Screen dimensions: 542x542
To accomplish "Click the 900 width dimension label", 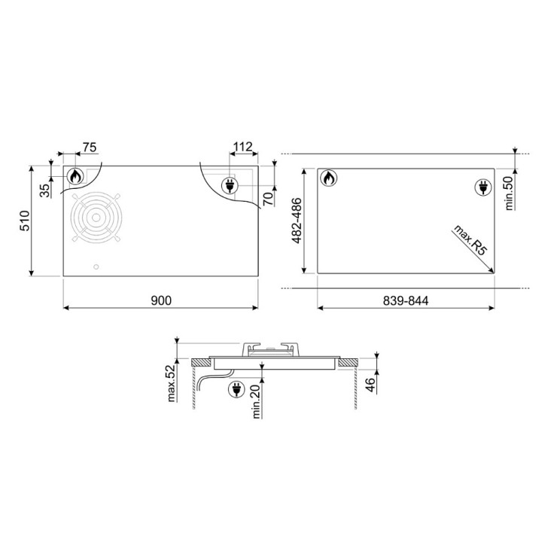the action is (x=161, y=300).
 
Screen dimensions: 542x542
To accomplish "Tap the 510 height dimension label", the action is (x=26, y=221).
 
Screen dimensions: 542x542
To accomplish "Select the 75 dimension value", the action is (x=89, y=148).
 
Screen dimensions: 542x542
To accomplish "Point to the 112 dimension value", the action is (x=243, y=147).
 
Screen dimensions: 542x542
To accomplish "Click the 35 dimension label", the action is (x=44, y=190).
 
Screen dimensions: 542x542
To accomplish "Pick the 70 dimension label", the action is (x=268, y=199).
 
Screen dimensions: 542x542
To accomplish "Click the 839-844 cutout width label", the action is (x=406, y=300).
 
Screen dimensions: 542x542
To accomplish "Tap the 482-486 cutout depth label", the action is (x=297, y=221).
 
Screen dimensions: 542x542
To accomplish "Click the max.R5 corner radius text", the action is (x=470, y=239).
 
